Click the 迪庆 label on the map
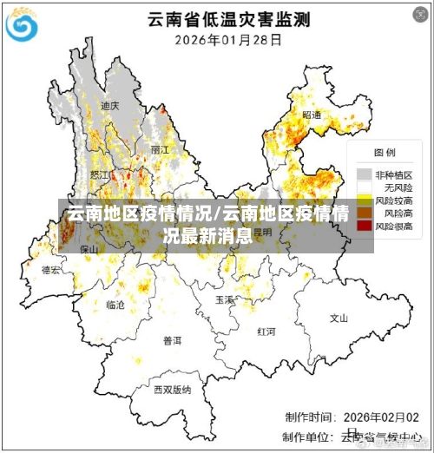pyautogui.click(x=109, y=106)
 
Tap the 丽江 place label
pyautogui.click(x=160, y=149)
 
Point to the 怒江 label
pyautogui.click(x=100, y=174)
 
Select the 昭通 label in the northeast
pyautogui.click(x=312, y=115)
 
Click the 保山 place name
pyautogui.click(x=89, y=249)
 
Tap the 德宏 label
pyautogui.click(x=51, y=270)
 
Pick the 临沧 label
pyautogui.click(x=115, y=305)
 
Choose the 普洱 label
pyautogui.click(x=173, y=341)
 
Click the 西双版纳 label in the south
pyautogui.click(x=172, y=390)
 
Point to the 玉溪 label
pyautogui.click(x=225, y=299)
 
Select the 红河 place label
pyautogui.click(x=266, y=332)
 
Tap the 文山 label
pyautogui.click(x=339, y=318)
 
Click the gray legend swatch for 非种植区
pyautogui.click(x=364, y=174)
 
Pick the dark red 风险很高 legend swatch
pyautogui.click(x=364, y=226)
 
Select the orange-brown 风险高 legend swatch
pyautogui.click(x=364, y=213)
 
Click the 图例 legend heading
pyautogui.click(x=385, y=154)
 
